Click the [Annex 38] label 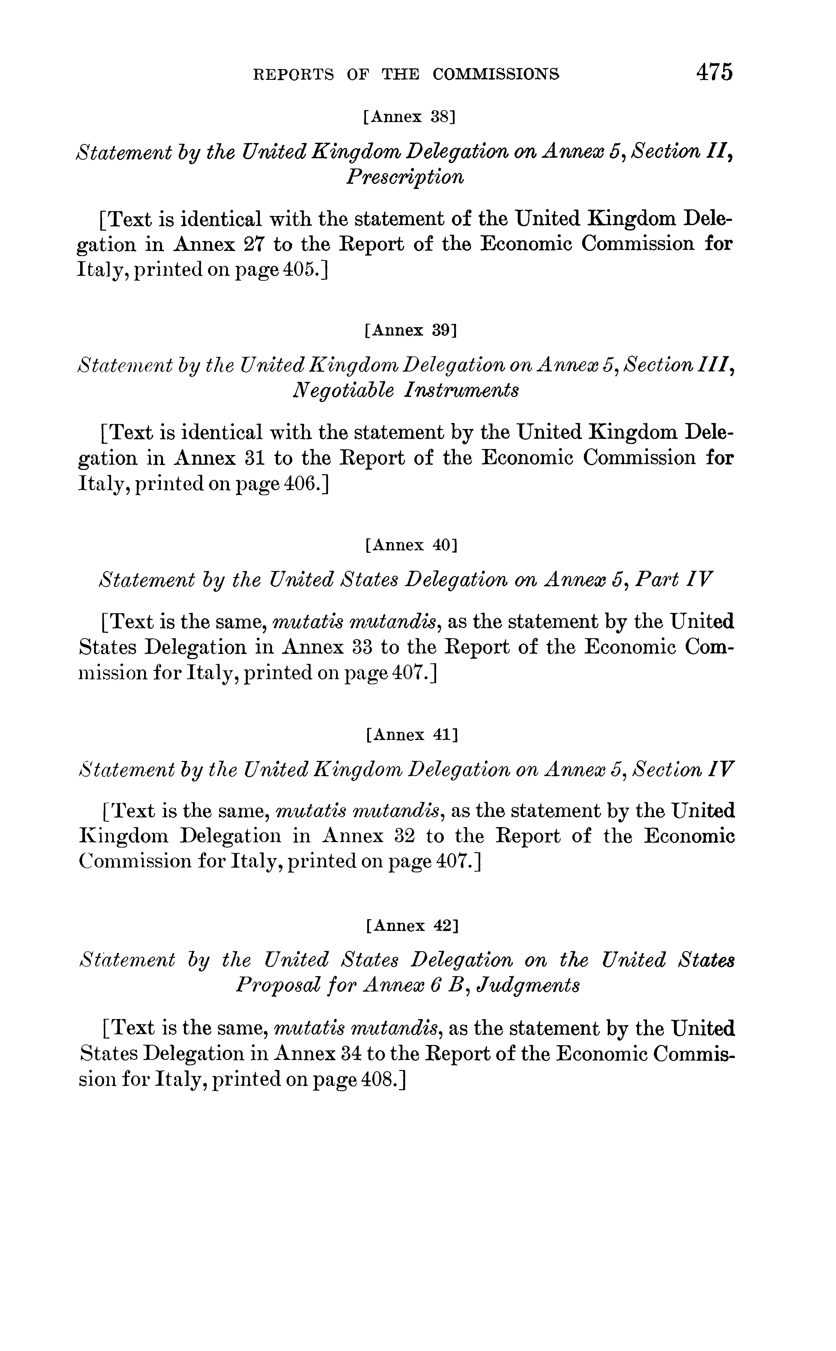(x=409, y=117)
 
